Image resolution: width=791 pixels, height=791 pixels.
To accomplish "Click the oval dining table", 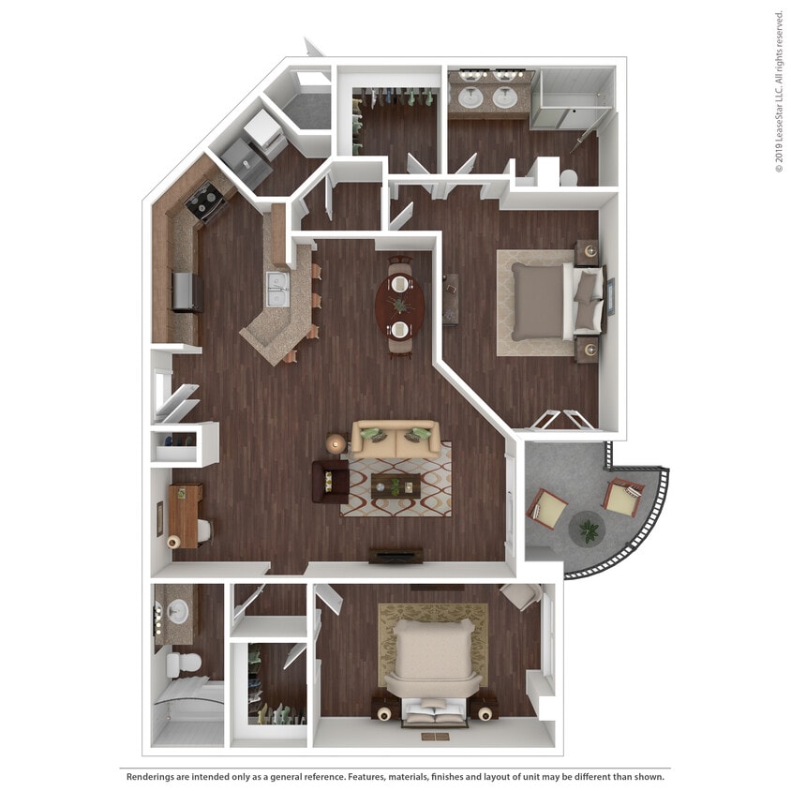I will (x=400, y=306).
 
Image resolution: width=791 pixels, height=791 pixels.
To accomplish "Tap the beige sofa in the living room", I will (x=395, y=440).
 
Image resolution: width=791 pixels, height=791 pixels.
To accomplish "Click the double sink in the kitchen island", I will (x=278, y=289).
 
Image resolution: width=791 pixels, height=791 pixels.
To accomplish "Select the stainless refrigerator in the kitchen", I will (x=185, y=291).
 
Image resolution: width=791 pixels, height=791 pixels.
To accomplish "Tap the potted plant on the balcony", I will (x=588, y=531).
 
